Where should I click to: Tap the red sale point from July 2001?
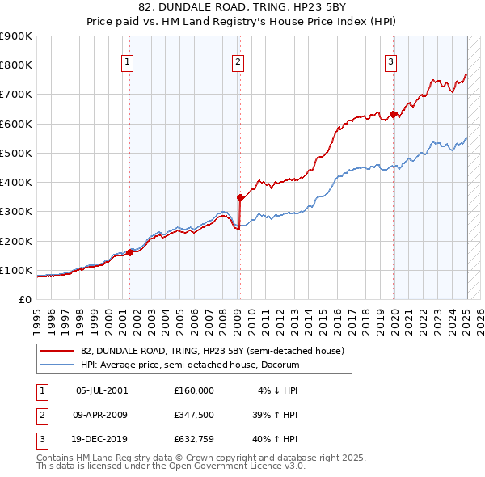pos(130,253)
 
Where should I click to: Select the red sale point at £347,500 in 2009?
pos(240,197)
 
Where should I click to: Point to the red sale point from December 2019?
pos(393,114)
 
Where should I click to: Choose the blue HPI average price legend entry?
pos(189,365)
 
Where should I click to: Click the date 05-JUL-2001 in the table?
pos(102,390)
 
